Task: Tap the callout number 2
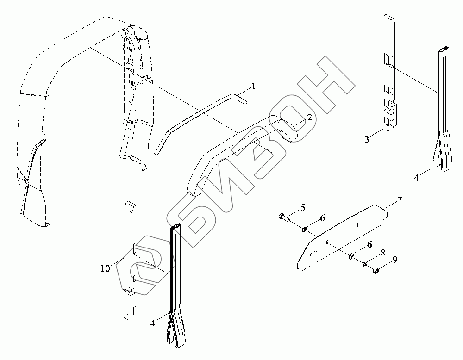[x=309, y=118]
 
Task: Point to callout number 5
[x=303, y=208]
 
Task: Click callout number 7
[x=399, y=200]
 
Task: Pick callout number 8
[x=382, y=254]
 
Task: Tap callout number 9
[x=394, y=261]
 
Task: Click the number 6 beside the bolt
[x=322, y=218]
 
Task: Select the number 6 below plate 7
[x=369, y=244]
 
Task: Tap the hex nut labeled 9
[x=376, y=271]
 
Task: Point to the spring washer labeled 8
[x=365, y=265]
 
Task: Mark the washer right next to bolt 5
[x=305, y=229]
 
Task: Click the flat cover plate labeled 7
[x=343, y=236]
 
